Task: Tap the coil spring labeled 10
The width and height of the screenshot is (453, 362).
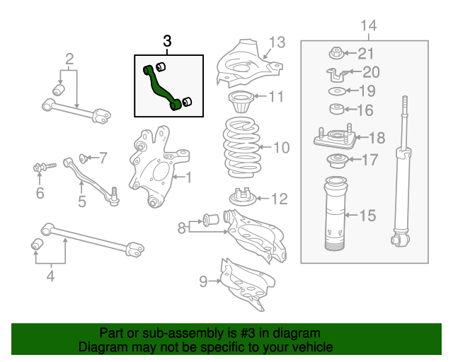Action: [243, 147]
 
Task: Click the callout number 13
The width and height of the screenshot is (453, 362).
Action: [277, 42]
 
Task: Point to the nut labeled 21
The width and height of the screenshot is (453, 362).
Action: [337, 52]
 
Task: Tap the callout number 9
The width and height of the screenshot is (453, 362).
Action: [203, 281]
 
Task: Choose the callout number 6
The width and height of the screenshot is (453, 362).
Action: [40, 193]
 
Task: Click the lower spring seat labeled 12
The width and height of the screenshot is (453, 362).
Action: [243, 197]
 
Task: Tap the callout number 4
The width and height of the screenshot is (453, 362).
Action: [50, 276]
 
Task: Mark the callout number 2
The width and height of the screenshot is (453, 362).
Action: [69, 57]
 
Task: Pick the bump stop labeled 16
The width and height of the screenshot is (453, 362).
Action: [337, 110]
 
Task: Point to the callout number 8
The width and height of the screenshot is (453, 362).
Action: [181, 227]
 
